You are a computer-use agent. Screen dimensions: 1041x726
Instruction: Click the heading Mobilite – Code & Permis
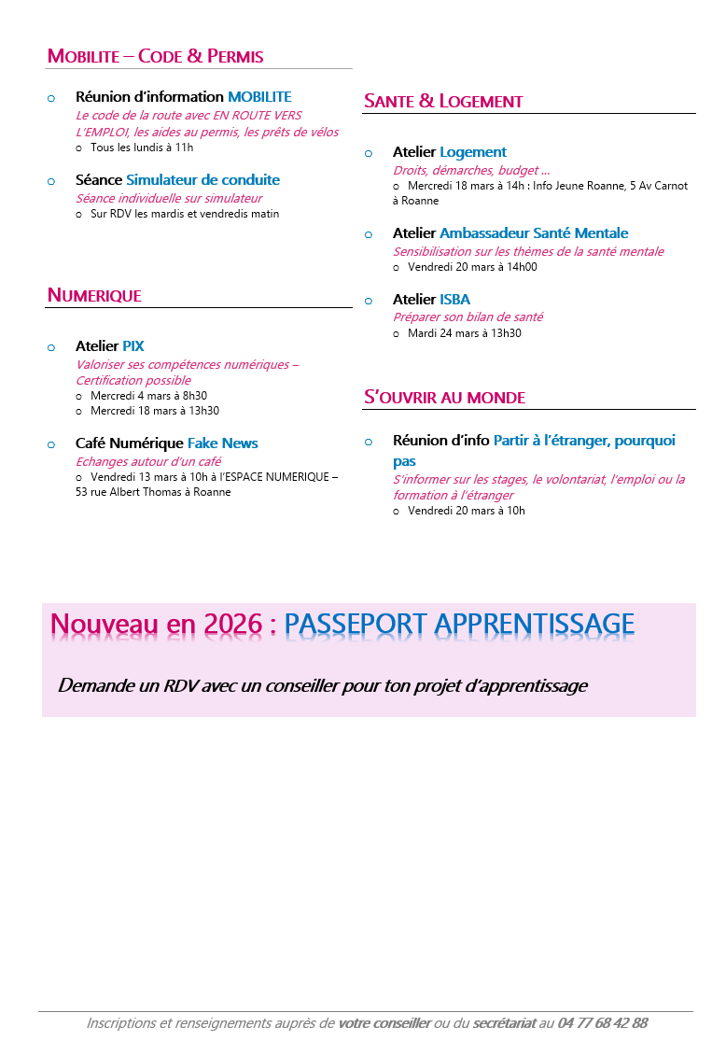click(155, 56)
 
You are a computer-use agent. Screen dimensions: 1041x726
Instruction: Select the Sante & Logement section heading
click(443, 101)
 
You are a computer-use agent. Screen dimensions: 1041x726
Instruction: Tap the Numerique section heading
click(94, 296)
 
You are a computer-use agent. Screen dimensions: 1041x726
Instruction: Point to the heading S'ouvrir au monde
click(444, 398)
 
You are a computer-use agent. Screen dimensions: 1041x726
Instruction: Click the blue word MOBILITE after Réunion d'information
click(259, 97)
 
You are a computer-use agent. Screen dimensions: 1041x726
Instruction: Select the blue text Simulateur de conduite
click(202, 180)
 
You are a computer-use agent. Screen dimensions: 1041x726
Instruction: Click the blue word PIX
click(133, 346)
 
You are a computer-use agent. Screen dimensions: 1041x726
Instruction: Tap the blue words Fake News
click(222, 443)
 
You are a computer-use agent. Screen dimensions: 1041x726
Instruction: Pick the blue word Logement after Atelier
click(473, 152)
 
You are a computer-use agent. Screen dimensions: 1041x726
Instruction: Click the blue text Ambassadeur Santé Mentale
click(534, 233)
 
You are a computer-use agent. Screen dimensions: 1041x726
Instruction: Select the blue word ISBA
click(454, 300)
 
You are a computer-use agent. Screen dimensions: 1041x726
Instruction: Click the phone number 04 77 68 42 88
click(603, 1023)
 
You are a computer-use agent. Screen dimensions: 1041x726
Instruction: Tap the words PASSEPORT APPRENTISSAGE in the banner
click(459, 625)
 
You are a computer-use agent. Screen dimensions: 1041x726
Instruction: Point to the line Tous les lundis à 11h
click(142, 148)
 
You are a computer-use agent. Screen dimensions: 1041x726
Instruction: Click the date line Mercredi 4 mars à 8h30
click(148, 396)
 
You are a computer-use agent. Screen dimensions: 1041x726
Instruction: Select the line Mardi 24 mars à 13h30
click(464, 333)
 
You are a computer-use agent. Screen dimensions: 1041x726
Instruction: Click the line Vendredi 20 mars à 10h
click(466, 511)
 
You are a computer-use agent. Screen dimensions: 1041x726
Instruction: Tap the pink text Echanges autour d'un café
click(148, 461)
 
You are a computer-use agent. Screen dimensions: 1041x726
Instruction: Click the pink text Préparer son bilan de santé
click(468, 317)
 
